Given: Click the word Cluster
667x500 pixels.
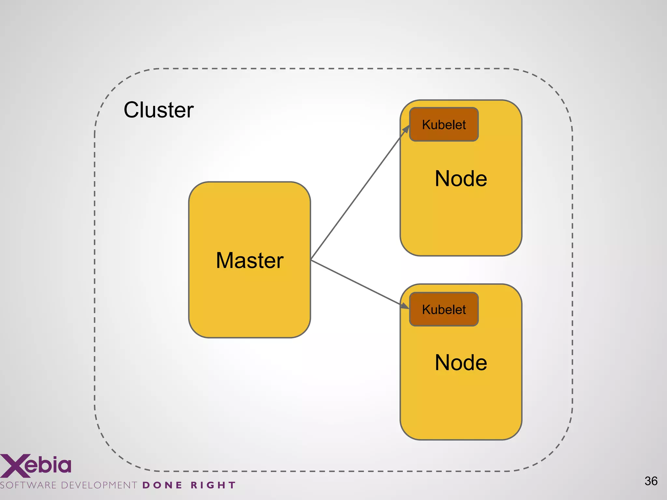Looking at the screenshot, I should coord(159,110).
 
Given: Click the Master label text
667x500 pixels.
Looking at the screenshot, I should coord(249,260).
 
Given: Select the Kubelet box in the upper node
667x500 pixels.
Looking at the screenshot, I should coord(444,125).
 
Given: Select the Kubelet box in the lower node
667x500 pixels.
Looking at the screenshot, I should coord(444,310).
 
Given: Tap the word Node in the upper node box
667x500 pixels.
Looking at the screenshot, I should coord(461,179).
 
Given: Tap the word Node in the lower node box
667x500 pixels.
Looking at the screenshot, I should coord(461,363).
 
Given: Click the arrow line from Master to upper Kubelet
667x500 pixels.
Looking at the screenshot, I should coord(358,195).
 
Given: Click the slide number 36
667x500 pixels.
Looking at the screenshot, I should coord(651,481).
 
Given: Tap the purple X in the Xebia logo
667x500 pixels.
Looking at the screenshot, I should coord(13,465).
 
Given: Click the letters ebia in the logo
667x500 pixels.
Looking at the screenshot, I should coord(48,465).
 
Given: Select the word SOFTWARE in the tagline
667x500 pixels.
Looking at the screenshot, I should coord(29,485).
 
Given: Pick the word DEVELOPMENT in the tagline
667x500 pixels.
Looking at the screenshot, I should coord(99,485).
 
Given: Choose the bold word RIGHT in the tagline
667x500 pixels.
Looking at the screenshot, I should coord(213,485).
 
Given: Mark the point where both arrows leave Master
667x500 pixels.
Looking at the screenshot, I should coord(311,260).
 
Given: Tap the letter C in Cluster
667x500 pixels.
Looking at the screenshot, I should coord(133,110).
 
